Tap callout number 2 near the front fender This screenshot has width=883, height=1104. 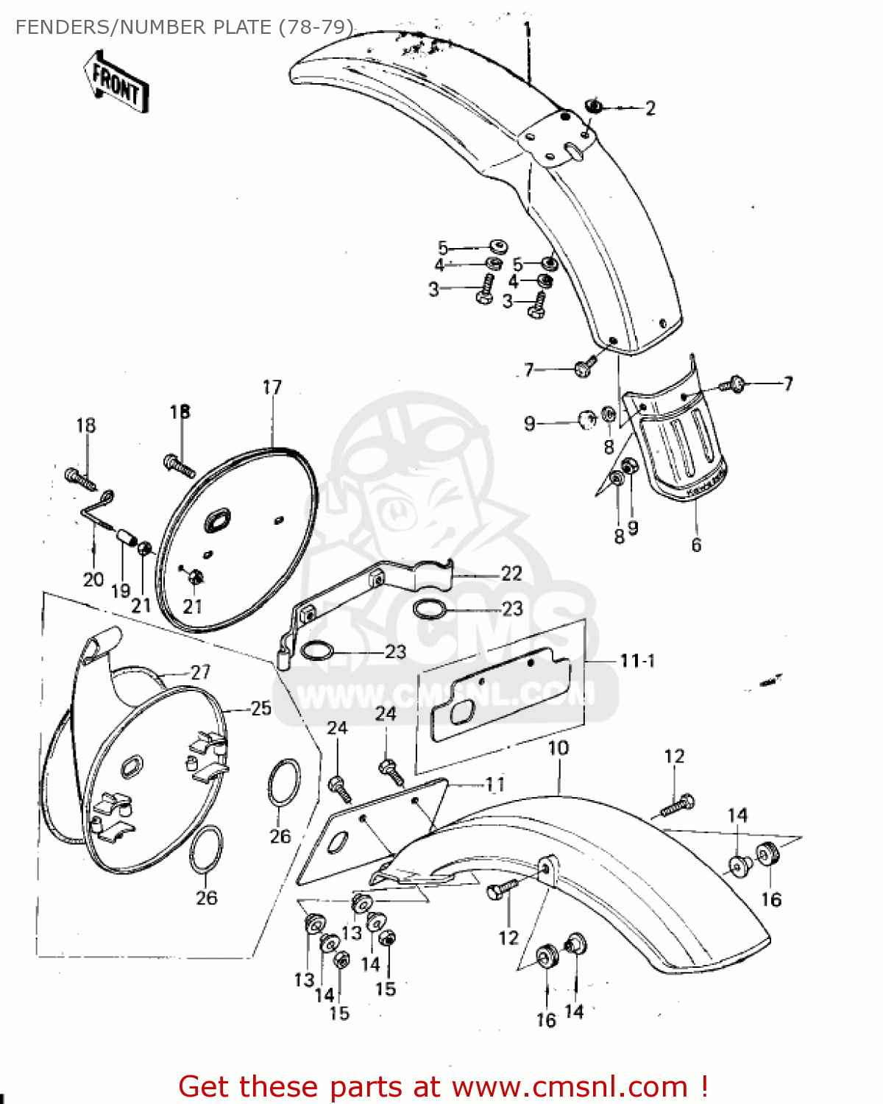[650, 108]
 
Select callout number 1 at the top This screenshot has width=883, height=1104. [527, 30]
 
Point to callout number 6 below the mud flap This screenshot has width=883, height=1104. [696, 545]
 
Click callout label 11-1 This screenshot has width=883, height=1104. [636, 660]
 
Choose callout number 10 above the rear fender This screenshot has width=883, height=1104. [558, 748]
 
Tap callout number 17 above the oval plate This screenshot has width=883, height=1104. [272, 387]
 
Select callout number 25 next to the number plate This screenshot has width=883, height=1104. [261, 708]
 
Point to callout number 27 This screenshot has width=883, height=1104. [200, 671]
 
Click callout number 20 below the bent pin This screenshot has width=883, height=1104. [93, 579]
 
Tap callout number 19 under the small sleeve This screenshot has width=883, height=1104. [121, 590]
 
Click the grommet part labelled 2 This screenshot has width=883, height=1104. [594, 107]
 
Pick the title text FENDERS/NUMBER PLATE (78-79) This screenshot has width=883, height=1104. [184, 27]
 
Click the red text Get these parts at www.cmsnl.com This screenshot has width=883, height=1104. [443, 1086]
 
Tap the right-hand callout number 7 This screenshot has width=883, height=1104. [788, 383]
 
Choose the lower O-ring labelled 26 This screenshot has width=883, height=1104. [207, 849]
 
